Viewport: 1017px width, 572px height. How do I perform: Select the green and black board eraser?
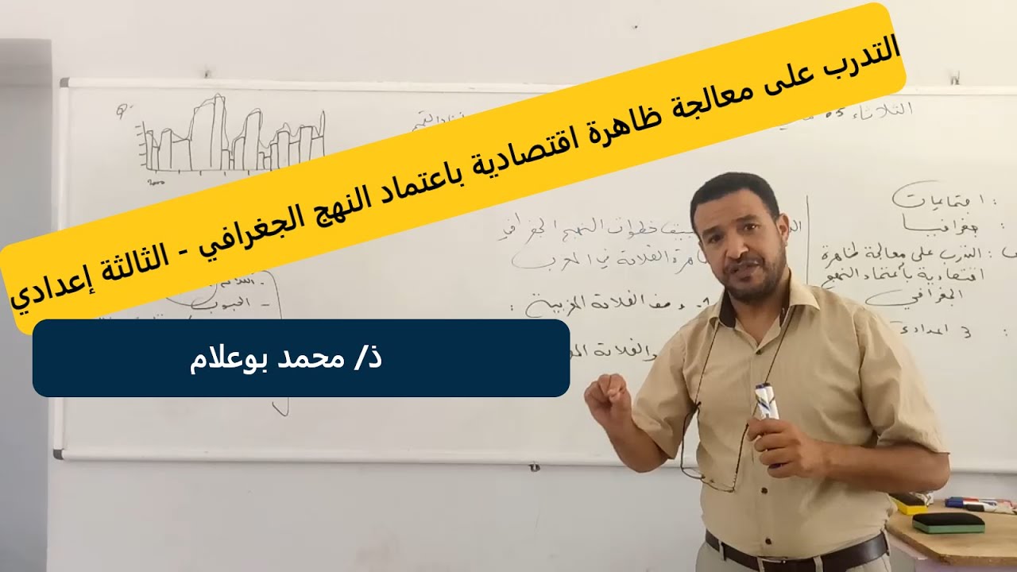point(948,522)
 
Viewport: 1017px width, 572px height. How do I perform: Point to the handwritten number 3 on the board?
point(965,332)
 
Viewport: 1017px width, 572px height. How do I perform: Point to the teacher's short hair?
point(735,191)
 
